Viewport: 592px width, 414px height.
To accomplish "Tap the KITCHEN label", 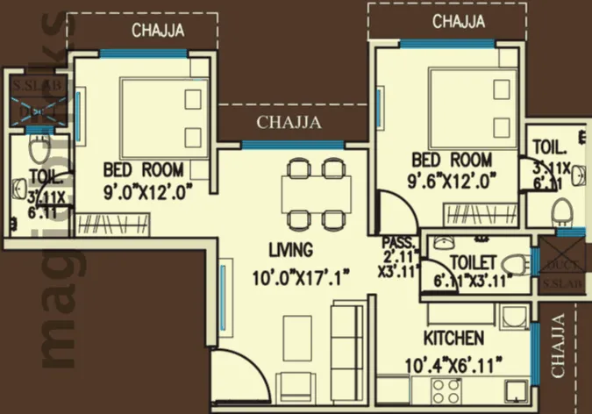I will pyautogui.click(x=453, y=339).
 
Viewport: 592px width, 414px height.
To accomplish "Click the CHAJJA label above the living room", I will pyautogui.click(x=289, y=122).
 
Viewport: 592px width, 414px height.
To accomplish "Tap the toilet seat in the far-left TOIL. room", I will pyautogui.click(x=37, y=145).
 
